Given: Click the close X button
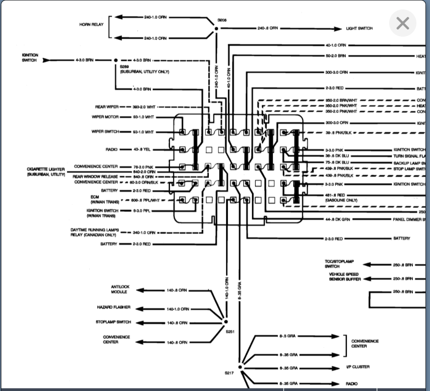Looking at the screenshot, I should [x=402, y=24].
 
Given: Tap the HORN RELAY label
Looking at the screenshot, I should [x=92, y=24].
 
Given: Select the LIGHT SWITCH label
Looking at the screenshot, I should [x=359, y=29].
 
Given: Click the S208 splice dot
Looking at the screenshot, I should [x=216, y=29].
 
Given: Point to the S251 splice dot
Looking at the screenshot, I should [x=226, y=322].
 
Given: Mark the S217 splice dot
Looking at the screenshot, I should [x=241, y=367].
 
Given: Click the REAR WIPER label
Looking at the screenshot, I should [x=106, y=107].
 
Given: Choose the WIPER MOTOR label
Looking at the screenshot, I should [x=105, y=117].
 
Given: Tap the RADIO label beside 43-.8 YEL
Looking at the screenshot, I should [x=112, y=150].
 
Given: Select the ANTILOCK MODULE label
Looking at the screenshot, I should [x=120, y=289].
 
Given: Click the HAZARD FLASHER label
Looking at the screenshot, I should [x=113, y=307].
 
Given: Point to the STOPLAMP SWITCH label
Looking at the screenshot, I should [x=113, y=322].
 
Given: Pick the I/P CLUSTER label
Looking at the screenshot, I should [x=358, y=367].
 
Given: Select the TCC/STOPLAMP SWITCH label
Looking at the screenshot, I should [x=339, y=264].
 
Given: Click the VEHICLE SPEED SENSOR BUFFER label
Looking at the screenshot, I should [x=345, y=277].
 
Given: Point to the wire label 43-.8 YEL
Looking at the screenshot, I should [x=142, y=150].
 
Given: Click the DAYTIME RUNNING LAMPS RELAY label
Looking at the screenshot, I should [x=94, y=233].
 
